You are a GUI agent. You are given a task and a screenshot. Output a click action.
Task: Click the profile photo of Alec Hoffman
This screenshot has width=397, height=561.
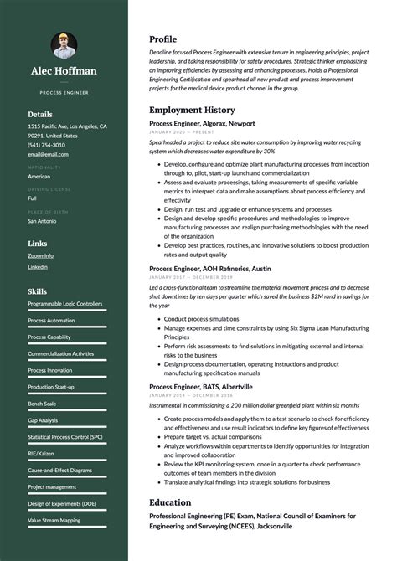click(64, 44)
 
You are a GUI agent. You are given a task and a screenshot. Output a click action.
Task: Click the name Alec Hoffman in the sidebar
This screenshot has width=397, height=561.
click(64, 71)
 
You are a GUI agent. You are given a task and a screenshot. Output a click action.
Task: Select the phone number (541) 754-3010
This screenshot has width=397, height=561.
click(45, 145)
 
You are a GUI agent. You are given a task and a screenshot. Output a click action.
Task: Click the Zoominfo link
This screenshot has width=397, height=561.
click(41, 255)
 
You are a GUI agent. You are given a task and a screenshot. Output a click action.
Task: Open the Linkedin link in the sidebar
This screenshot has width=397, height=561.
click(38, 267)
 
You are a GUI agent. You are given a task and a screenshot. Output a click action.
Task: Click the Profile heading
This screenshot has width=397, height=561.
click(162, 39)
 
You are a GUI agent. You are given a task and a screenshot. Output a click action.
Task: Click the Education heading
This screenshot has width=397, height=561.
click(170, 502)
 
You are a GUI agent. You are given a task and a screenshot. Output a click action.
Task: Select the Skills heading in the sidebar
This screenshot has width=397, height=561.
click(37, 291)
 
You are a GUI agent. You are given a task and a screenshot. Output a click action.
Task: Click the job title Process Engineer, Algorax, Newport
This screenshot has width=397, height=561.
click(203, 123)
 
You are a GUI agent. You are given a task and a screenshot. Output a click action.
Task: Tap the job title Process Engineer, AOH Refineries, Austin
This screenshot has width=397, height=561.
click(209, 269)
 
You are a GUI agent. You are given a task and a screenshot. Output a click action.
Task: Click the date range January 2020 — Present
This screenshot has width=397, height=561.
click(181, 132)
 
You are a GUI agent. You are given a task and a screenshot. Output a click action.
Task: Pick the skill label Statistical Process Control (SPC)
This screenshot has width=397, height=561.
click(65, 436)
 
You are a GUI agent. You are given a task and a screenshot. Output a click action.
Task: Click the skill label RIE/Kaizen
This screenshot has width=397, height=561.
click(41, 453)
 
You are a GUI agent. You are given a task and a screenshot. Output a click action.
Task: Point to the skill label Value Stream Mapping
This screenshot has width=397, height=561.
click(54, 520)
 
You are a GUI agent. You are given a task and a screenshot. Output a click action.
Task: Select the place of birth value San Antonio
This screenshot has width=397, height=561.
click(42, 221)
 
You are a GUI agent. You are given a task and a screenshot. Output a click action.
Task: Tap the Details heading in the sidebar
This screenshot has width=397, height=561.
click(40, 114)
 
